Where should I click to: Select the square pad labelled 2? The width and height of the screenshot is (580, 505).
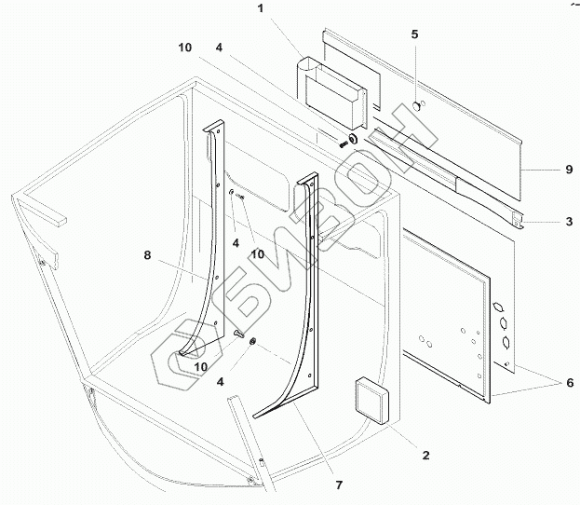[x=373, y=400]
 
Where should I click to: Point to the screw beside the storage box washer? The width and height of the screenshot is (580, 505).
[x=343, y=146]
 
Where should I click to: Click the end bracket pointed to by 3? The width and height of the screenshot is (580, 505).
[x=517, y=222]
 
